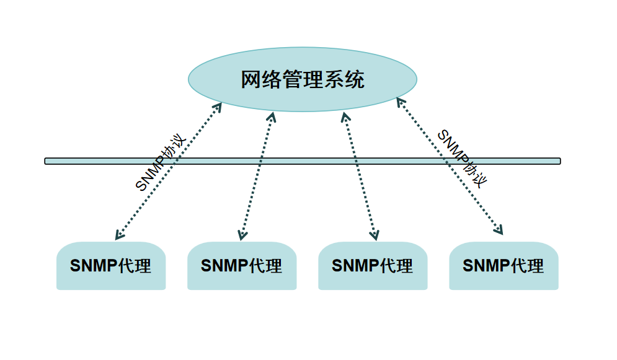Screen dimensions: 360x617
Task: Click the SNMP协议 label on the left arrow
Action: [x=161, y=163]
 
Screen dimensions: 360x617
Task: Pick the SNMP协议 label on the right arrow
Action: [x=462, y=158]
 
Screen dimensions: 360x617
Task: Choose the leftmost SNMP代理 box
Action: [x=111, y=266]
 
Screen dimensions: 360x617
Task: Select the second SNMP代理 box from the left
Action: [x=242, y=266]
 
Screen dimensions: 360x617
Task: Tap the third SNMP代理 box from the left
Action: [x=373, y=266]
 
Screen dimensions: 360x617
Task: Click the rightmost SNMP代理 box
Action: [x=504, y=266]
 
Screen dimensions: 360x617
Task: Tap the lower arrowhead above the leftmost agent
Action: [x=118, y=236]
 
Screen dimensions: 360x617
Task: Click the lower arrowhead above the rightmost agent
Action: [x=499, y=231]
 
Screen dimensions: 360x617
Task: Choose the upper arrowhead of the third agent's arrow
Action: [x=345, y=116]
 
